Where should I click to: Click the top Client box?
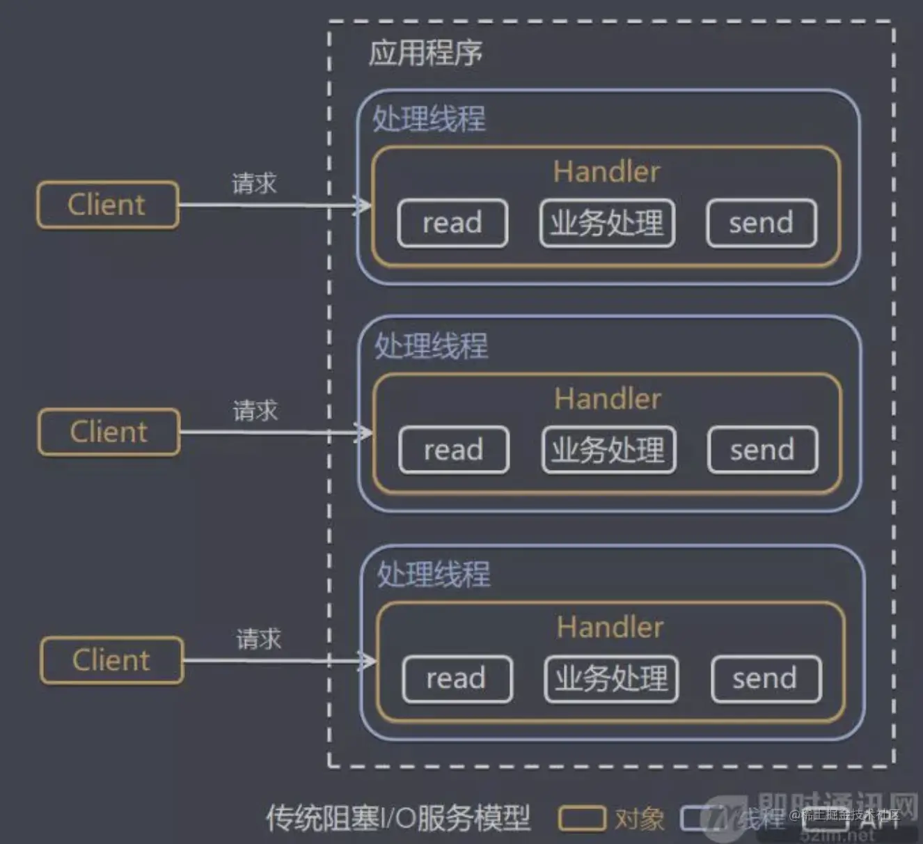(108, 205)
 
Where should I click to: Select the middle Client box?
(109, 432)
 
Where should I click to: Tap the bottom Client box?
(111, 660)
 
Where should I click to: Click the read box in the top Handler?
(452, 223)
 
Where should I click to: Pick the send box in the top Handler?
(761, 223)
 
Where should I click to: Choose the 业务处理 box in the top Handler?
(607, 223)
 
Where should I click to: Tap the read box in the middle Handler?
(454, 450)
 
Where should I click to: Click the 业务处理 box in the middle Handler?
(608, 450)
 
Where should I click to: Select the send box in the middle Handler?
(762, 450)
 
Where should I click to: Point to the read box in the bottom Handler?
(457, 678)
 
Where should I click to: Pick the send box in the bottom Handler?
(766, 678)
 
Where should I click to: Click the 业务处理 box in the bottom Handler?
(611, 678)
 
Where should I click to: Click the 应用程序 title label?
(425, 53)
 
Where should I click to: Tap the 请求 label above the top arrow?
(254, 184)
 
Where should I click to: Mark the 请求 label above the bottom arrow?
(258, 639)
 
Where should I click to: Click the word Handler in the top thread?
(606, 171)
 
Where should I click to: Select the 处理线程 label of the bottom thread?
(433, 575)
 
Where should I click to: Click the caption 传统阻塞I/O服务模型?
(397, 818)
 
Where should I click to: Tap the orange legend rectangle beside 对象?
(581, 818)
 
